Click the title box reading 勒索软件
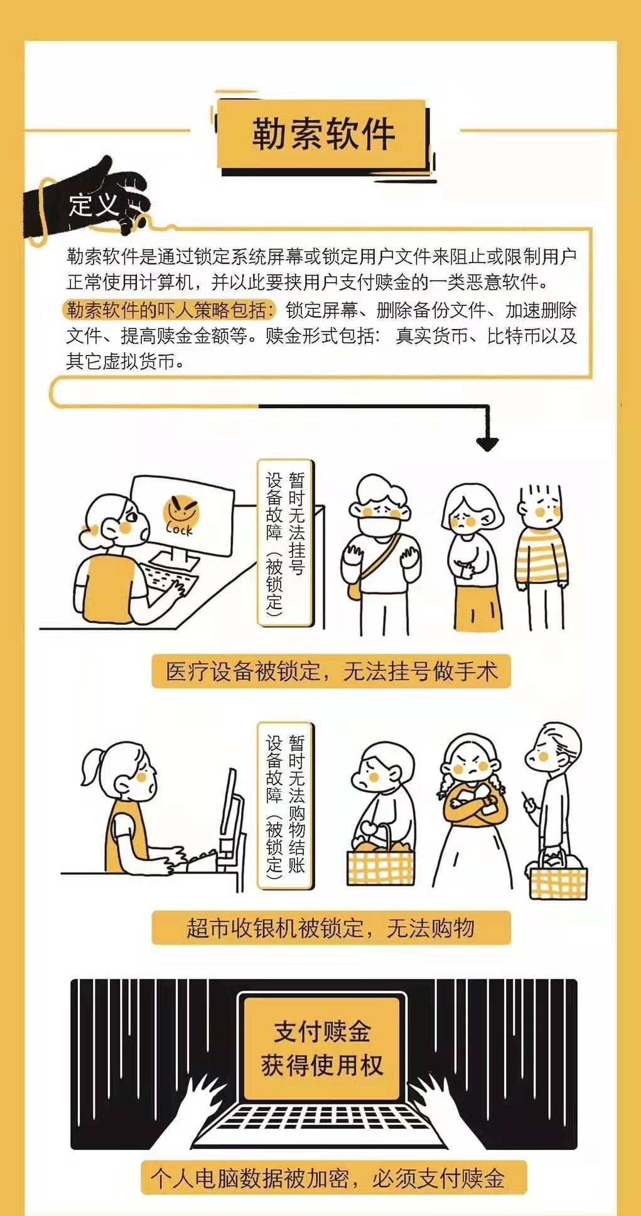[x=323, y=134]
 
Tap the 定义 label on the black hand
[x=94, y=205]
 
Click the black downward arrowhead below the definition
[x=487, y=443]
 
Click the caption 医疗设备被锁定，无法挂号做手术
[x=331, y=671]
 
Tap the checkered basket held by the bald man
[x=558, y=875]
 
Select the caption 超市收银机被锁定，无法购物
[x=331, y=928]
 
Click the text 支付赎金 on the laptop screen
[x=322, y=1032]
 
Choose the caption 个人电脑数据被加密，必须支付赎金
[x=328, y=1178]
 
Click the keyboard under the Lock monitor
[x=165, y=577]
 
